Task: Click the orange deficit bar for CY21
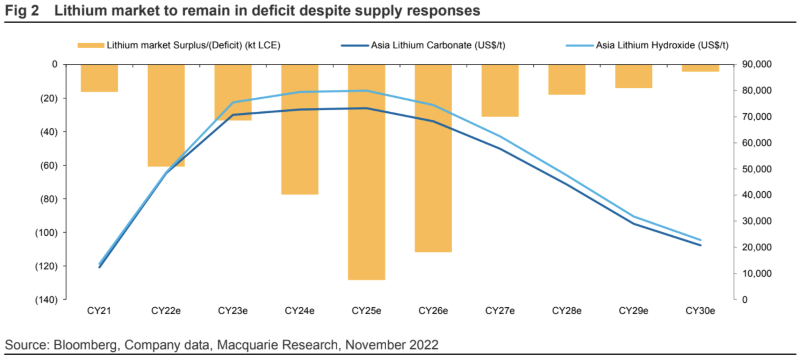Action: click(99, 78)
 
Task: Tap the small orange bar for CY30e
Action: click(700, 68)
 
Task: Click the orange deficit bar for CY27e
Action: click(500, 90)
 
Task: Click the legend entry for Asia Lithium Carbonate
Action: click(423, 45)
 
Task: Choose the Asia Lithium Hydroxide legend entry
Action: click(647, 45)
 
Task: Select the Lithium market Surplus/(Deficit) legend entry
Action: click(179, 45)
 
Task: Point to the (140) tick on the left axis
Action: click(46, 300)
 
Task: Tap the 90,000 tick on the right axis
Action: click(756, 64)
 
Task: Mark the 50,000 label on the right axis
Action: click(756, 169)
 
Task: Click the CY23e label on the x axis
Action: click(233, 311)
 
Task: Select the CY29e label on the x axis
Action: click(634, 311)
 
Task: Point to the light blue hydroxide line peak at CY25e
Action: click(366, 90)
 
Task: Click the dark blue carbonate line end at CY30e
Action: click(700, 245)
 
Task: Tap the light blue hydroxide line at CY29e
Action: click(634, 217)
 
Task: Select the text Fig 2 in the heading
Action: click(22, 10)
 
